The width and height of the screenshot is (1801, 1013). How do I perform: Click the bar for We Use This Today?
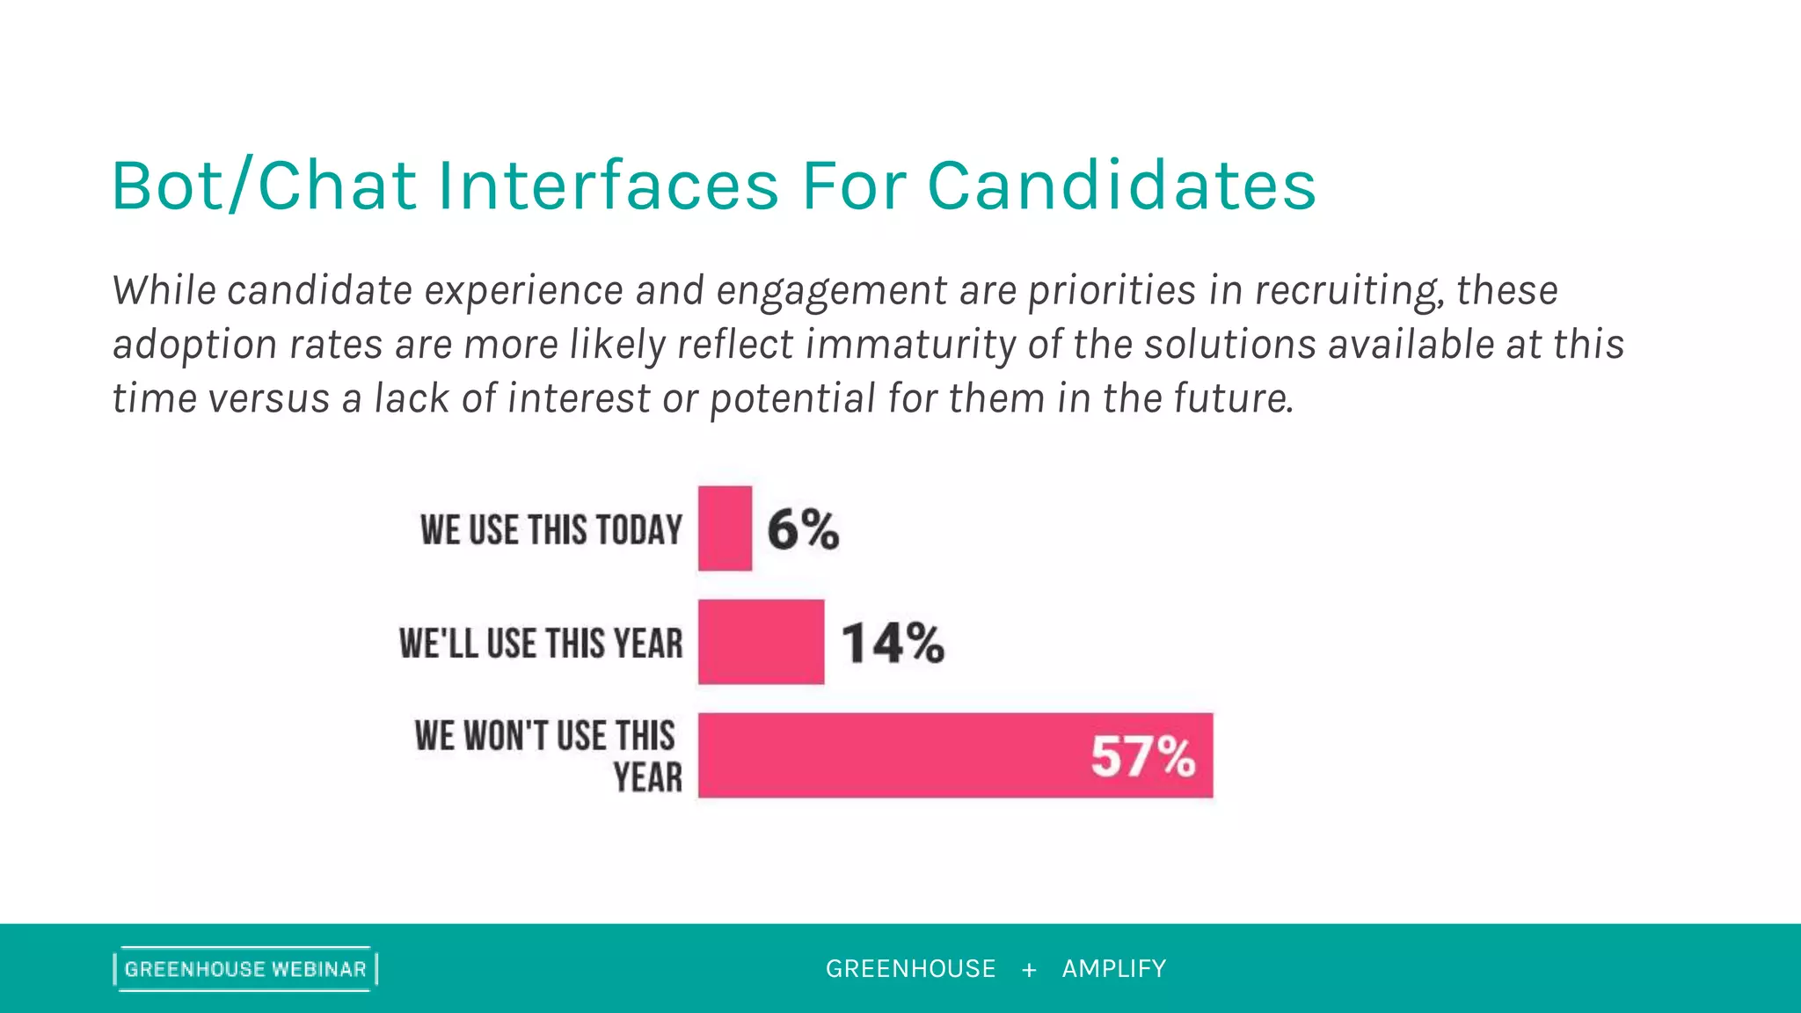click(725, 528)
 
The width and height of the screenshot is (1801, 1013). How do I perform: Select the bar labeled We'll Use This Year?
click(761, 642)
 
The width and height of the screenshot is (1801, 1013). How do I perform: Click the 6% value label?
click(803, 529)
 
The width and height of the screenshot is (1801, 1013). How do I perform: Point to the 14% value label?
click(893, 643)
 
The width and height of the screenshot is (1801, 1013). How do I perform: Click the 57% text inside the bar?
click(1142, 756)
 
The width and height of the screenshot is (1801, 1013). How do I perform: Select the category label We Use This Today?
click(551, 530)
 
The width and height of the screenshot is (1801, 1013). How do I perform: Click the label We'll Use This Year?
click(541, 644)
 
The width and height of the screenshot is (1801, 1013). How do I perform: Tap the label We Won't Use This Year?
click(547, 756)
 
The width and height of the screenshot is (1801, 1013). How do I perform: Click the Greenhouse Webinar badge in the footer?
click(245, 969)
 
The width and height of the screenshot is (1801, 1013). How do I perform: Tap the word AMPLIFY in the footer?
click(1113, 969)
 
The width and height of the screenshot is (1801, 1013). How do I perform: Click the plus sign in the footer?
click(1029, 970)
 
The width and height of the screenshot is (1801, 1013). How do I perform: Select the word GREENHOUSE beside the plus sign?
click(910, 969)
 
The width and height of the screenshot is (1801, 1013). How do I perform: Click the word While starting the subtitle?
click(164, 291)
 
